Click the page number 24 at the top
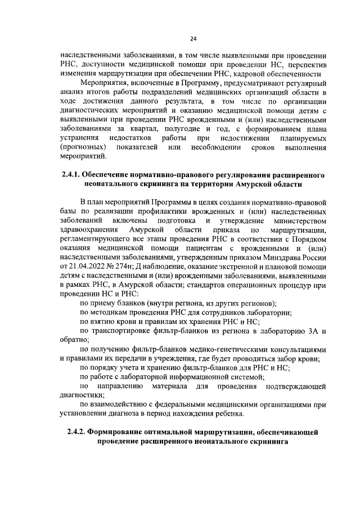(193, 38)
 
